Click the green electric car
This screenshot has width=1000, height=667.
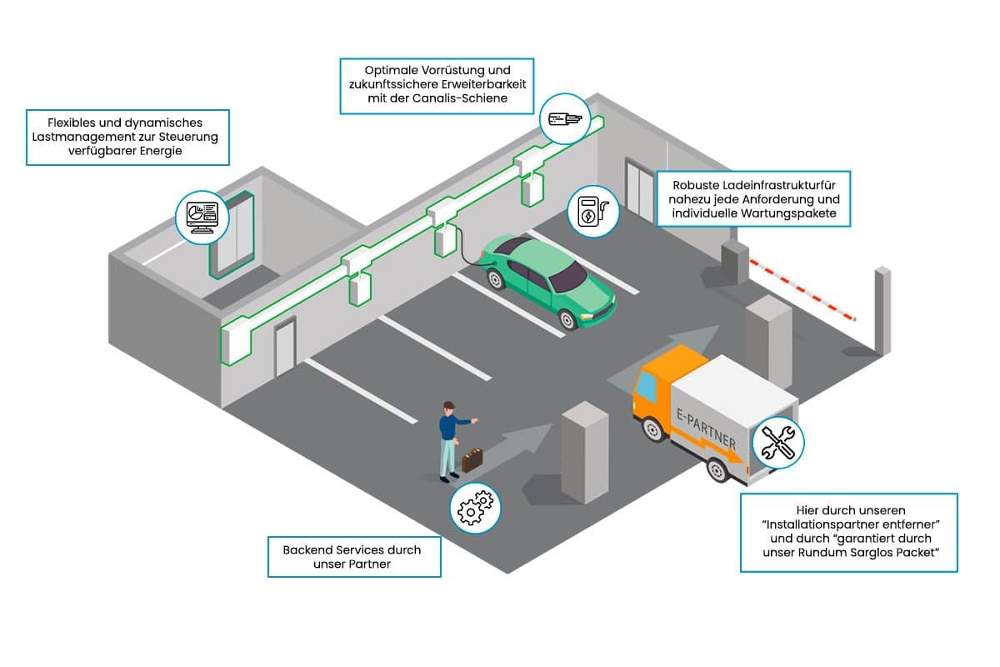coord(548,282)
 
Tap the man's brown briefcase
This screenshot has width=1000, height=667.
coord(472,459)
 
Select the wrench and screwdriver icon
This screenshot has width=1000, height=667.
coord(778,442)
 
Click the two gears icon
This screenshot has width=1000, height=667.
coord(475,508)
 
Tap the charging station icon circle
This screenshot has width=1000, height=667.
coord(593,211)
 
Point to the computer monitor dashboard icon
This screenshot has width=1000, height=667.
coord(202,218)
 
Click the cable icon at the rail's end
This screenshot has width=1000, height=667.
coord(565,119)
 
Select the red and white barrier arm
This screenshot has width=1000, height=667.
coord(802,289)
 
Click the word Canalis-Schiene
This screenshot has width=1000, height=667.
coord(460,98)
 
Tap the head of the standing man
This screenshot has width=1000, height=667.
coord(448,407)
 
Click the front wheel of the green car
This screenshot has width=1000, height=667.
coord(567,319)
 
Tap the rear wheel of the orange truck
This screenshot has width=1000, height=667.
coord(717,469)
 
